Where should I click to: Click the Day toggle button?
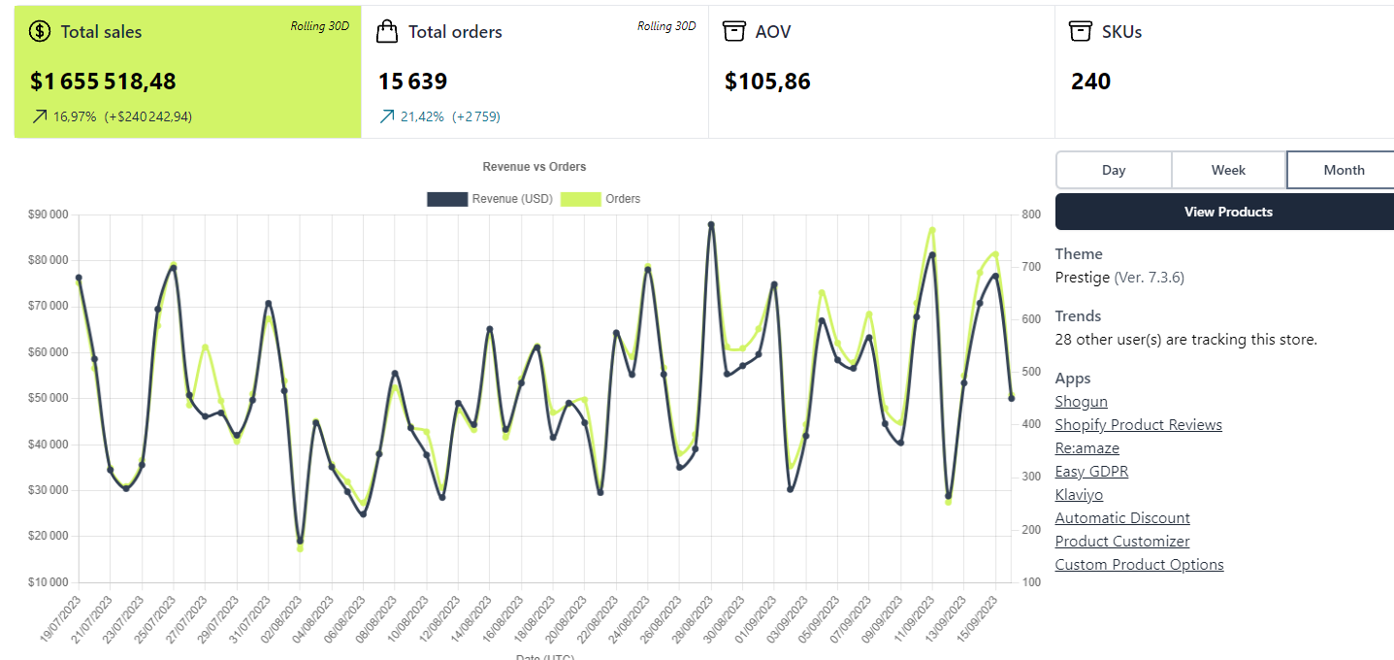pyautogui.click(x=1114, y=170)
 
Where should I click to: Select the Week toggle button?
pyautogui.click(x=1228, y=170)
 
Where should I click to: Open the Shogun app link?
pyautogui.click(x=1081, y=402)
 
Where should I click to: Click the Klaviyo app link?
pyautogui.click(x=1079, y=495)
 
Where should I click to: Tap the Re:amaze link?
pyautogui.click(x=1086, y=448)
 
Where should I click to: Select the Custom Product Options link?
pyautogui.click(x=1139, y=565)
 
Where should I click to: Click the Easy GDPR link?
pyautogui.click(x=1091, y=472)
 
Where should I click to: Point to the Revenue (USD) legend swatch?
pyautogui.click(x=447, y=199)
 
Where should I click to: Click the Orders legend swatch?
pyautogui.click(x=581, y=199)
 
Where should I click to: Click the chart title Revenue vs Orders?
pyautogui.click(x=534, y=167)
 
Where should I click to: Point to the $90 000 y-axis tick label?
pyautogui.click(x=48, y=214)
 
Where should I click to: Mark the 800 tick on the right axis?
pyautogui.click(x=1031, y=214)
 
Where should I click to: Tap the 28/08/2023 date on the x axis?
pyautogui.click(x=692, y=619)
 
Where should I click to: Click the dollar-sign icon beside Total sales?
pyautogui.click(x=40, y=31)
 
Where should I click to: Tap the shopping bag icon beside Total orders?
pyautogui.click(x=386, y=31)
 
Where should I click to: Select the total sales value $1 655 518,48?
pyautogui.click(x=103, y=82)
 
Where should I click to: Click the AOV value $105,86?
pyautogui.click(x=767, y=82)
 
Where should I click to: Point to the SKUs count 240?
pyautogui.click(x=1090, y=82)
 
